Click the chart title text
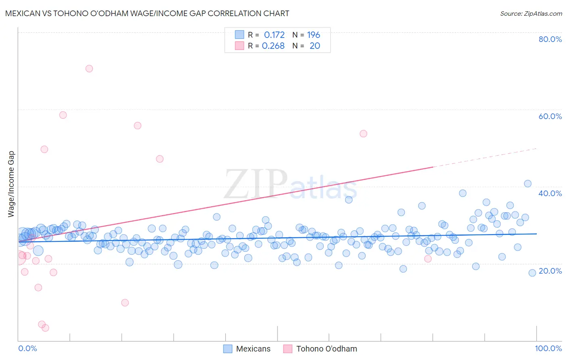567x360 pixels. point(147,13)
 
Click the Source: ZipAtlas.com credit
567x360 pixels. point(531,13)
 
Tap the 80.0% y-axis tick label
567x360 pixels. point(550,39)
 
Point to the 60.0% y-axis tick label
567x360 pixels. point(550,116)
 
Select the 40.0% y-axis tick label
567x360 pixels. point(550,193)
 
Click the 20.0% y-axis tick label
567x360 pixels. point(550,271)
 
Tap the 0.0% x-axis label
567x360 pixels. point(27,348)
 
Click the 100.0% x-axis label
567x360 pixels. point(548,348)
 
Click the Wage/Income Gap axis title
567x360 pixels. point(11,184)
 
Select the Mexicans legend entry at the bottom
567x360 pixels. point(247,349)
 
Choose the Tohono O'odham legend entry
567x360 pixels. point(320,349)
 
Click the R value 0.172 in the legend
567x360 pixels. point(274,35)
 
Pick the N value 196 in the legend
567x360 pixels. point(313,35)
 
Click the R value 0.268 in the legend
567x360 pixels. point(273,46)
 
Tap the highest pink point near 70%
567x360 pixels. point(89,69)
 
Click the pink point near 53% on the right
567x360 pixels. point(363,134)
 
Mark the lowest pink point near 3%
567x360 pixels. point(46,328)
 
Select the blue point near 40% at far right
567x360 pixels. point(527,184)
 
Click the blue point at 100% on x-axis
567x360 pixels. point(532,273)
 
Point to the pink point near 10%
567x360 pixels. point(125,303)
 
